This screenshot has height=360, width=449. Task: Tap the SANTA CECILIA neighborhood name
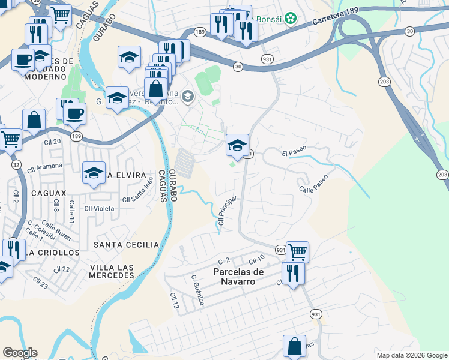point(126,245)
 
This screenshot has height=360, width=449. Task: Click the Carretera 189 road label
point(339,22)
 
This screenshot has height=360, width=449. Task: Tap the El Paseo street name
point(294,154)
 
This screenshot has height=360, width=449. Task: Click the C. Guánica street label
point(198,290)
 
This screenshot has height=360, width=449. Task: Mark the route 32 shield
point(16,163)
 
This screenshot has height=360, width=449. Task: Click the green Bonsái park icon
point(291,19)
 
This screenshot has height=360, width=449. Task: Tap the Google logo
point(20,353)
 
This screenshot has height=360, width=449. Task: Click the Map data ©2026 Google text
point(411,355)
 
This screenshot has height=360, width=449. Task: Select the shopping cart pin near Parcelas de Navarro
point(297,251)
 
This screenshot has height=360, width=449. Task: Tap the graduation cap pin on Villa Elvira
point(94,173)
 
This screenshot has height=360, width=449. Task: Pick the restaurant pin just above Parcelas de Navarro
point(293,273)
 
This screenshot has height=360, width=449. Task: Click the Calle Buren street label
point(56,232)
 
